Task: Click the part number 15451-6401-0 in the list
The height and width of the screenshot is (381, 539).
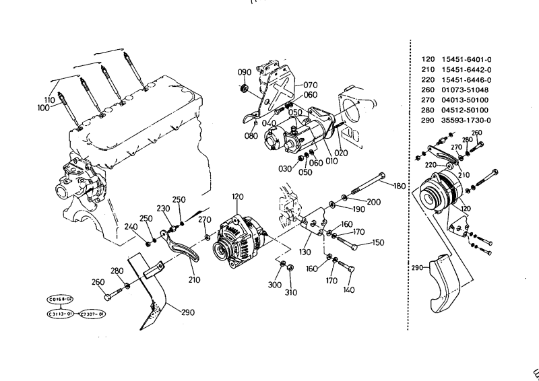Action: pyautogui.click(x=466, y=59)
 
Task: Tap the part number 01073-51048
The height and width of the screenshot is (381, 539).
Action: pyautogui.click(x=465, y=90)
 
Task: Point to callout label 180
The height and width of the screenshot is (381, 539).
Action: pyautogui.click(x=400, y=185)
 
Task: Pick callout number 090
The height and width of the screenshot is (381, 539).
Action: pyautogui.click(x=244, y=72)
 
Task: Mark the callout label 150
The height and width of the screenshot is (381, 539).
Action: pyautogui.click(x=378, y=242)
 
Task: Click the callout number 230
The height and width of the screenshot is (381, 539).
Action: pyautogui.click(x=162, y=208)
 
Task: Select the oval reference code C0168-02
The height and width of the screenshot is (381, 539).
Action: pyautogui.click(x=59, y=298)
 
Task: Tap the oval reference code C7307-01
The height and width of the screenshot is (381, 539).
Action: pyautogui.click(x=92, y=314)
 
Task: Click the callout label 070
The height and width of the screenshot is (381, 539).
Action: pyautogui.click(x=310, y=85)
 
